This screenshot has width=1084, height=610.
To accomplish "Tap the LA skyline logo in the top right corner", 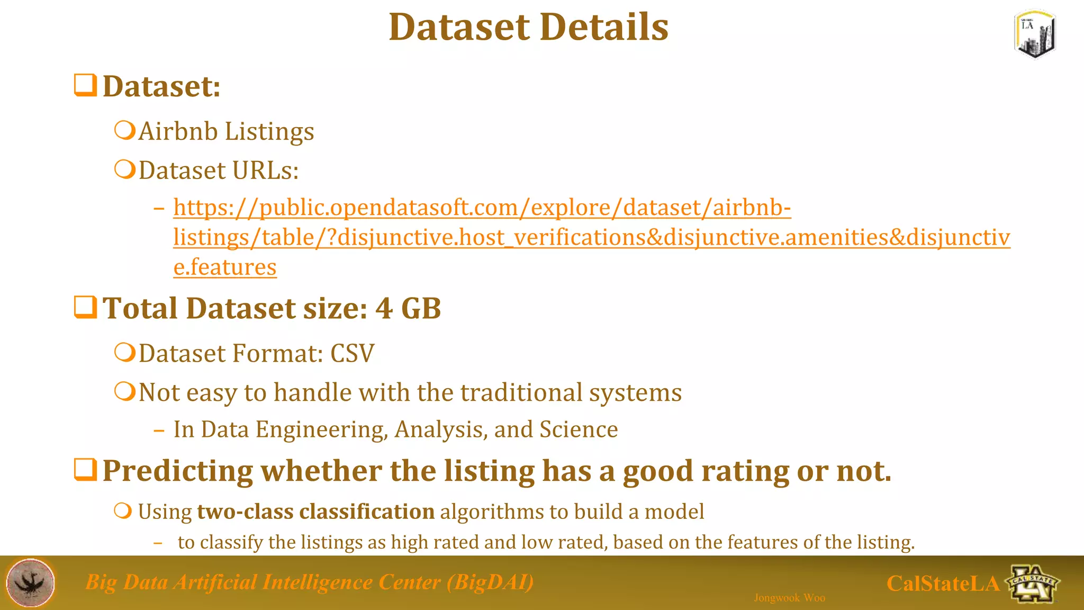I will (x=1035, y=34).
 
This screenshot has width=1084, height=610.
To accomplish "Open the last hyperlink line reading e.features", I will (x=225, y=267).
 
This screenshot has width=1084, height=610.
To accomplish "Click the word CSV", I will (x=352, y=353).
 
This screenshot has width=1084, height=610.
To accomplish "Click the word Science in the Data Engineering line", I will (x=579, y=429).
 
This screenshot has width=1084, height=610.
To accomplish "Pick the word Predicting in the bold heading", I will (x=178, y=470).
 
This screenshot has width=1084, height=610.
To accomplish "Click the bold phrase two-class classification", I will (x=315, y=512).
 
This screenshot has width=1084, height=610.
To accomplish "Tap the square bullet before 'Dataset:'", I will (x=85, y=85).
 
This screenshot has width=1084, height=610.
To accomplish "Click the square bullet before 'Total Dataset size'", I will (x=85, y=308).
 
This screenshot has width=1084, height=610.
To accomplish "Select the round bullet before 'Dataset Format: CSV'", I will (x=125, y=352).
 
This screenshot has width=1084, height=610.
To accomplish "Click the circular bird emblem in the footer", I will (x=30, y=582).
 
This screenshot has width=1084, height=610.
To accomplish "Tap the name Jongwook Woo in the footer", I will (x=789, y=598).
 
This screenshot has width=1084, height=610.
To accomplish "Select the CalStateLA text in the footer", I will (x=942, y=584).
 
